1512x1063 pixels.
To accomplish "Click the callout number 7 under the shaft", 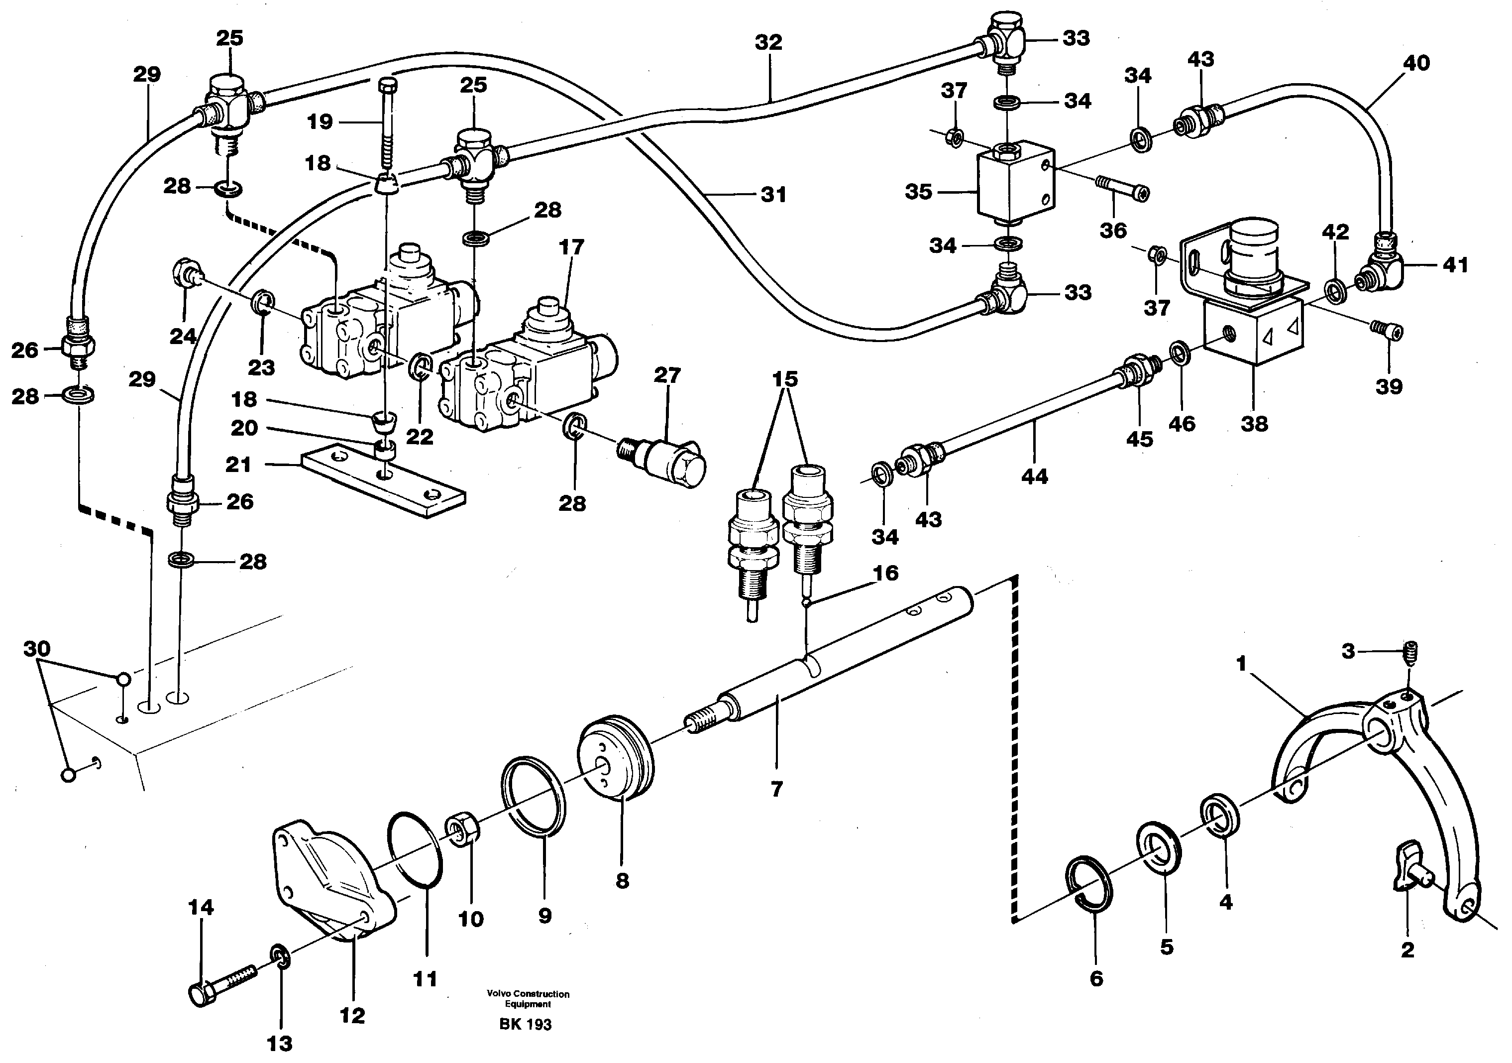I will click(x=776, y=788).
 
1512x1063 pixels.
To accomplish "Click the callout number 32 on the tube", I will click(x=768, y=42).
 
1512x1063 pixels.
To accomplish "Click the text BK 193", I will click(x=525, y=1024).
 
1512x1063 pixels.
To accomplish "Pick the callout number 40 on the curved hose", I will click(x=1416, y=63).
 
